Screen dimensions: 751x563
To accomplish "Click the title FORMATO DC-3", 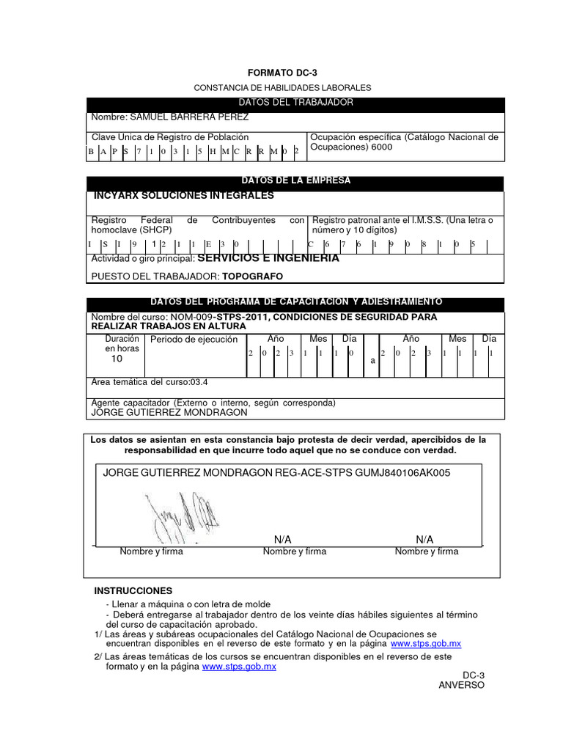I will (x=282, y=73).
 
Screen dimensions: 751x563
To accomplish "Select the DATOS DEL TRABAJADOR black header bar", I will (x=295, y=103).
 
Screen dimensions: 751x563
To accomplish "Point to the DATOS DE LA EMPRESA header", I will (x=295, y=180).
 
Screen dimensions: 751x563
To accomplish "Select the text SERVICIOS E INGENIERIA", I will (x=268, y=258).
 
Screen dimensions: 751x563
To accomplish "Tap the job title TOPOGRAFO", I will (x=253, y=276).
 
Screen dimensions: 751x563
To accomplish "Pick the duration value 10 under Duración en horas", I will (x=117, y=359).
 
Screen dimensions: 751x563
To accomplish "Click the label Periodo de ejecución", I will (x=194, y=340).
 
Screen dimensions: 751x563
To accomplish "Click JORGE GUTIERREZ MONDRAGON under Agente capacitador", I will (x=168, y=412).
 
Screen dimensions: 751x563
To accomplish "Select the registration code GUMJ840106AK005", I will (x=402, y=473).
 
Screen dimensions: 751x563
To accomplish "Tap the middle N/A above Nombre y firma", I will (x=282, y=539).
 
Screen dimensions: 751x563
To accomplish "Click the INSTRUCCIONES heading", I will (x=133, y=590).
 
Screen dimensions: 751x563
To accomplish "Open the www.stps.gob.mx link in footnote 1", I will (x=426, y=643).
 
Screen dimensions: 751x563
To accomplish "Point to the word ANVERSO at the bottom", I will (x=461, y=685).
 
